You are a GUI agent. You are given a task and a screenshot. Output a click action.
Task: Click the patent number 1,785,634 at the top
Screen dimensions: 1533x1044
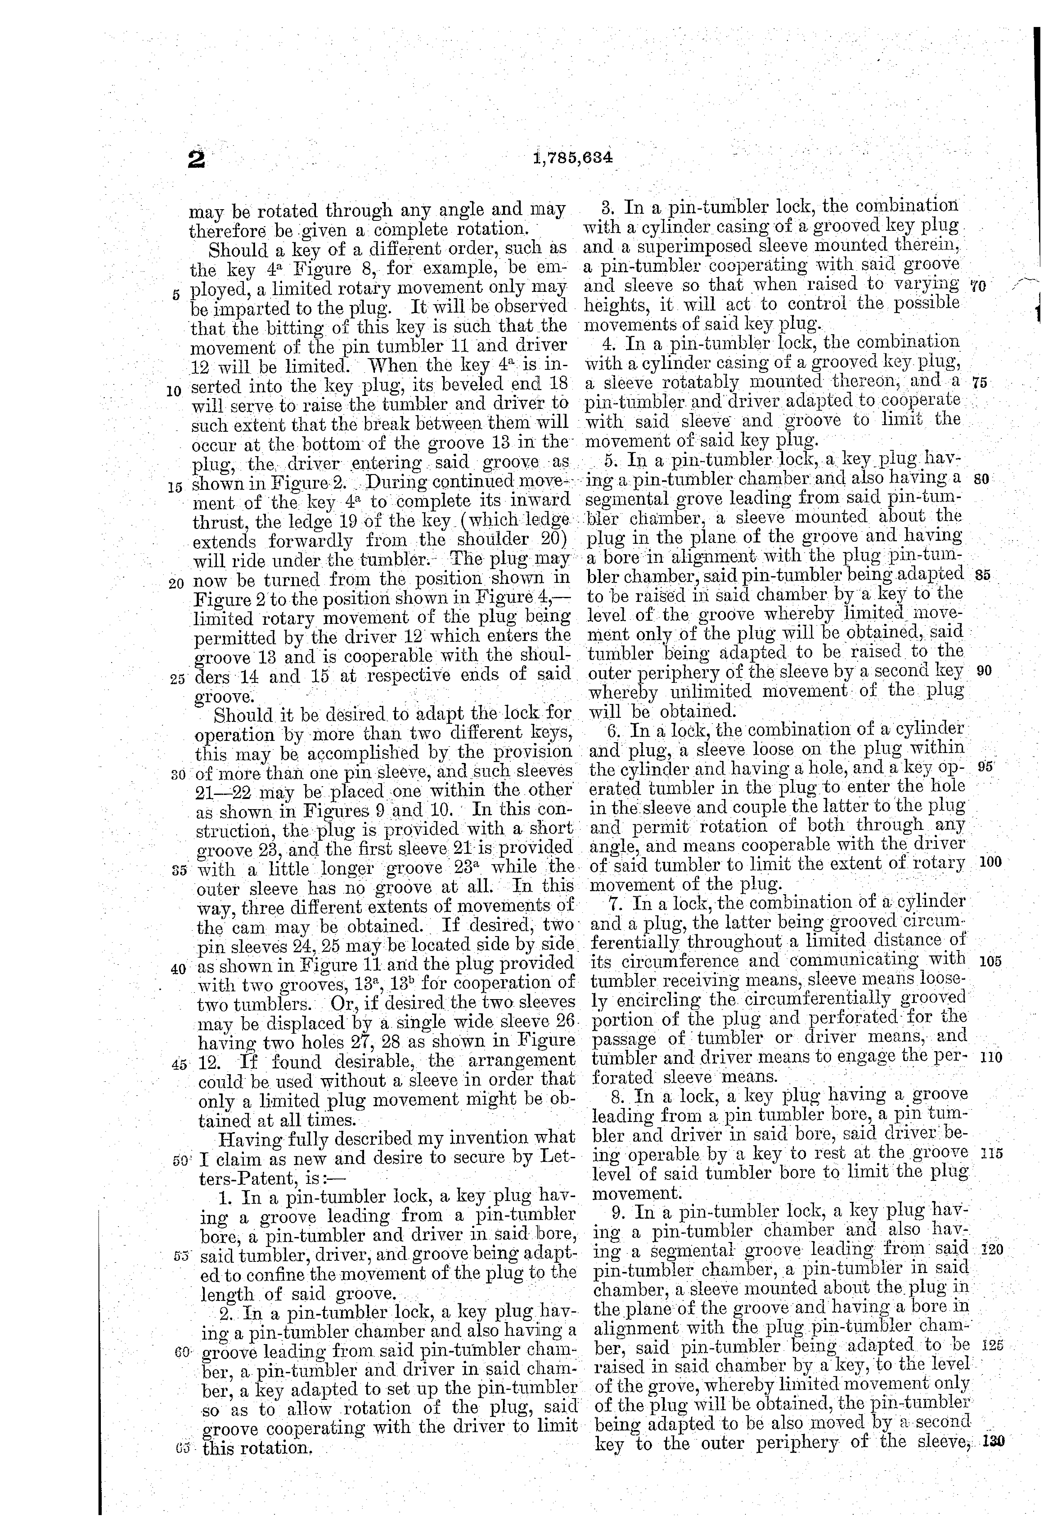571,158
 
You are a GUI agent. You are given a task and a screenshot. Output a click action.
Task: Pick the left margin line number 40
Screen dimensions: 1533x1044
178,969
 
